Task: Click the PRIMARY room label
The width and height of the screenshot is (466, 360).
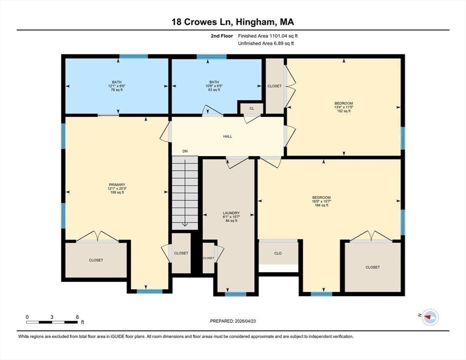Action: pos(116,185)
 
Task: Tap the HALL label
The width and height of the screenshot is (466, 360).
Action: pos(227,136)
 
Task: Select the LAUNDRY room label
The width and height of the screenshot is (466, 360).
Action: pos(231,213)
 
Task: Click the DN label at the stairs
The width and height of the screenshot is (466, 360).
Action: pos(185,151)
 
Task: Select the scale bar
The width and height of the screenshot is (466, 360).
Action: pos(52,322)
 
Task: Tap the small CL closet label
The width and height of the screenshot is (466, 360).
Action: pos(252,108)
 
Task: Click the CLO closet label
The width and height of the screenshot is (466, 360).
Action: pos(278,253)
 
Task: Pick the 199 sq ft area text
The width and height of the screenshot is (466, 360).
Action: pos(116,193)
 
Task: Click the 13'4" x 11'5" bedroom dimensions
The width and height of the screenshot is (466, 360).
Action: pos(344,107)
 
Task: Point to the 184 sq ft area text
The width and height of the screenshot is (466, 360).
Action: pos(322,205)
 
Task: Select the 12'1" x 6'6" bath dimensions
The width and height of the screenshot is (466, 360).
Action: pos(116,86)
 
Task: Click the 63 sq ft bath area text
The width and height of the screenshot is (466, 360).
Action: pos(214,90)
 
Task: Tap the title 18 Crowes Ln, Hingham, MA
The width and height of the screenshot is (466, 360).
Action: pos(233,22)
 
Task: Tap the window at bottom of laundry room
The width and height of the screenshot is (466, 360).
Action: pos(235,294)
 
